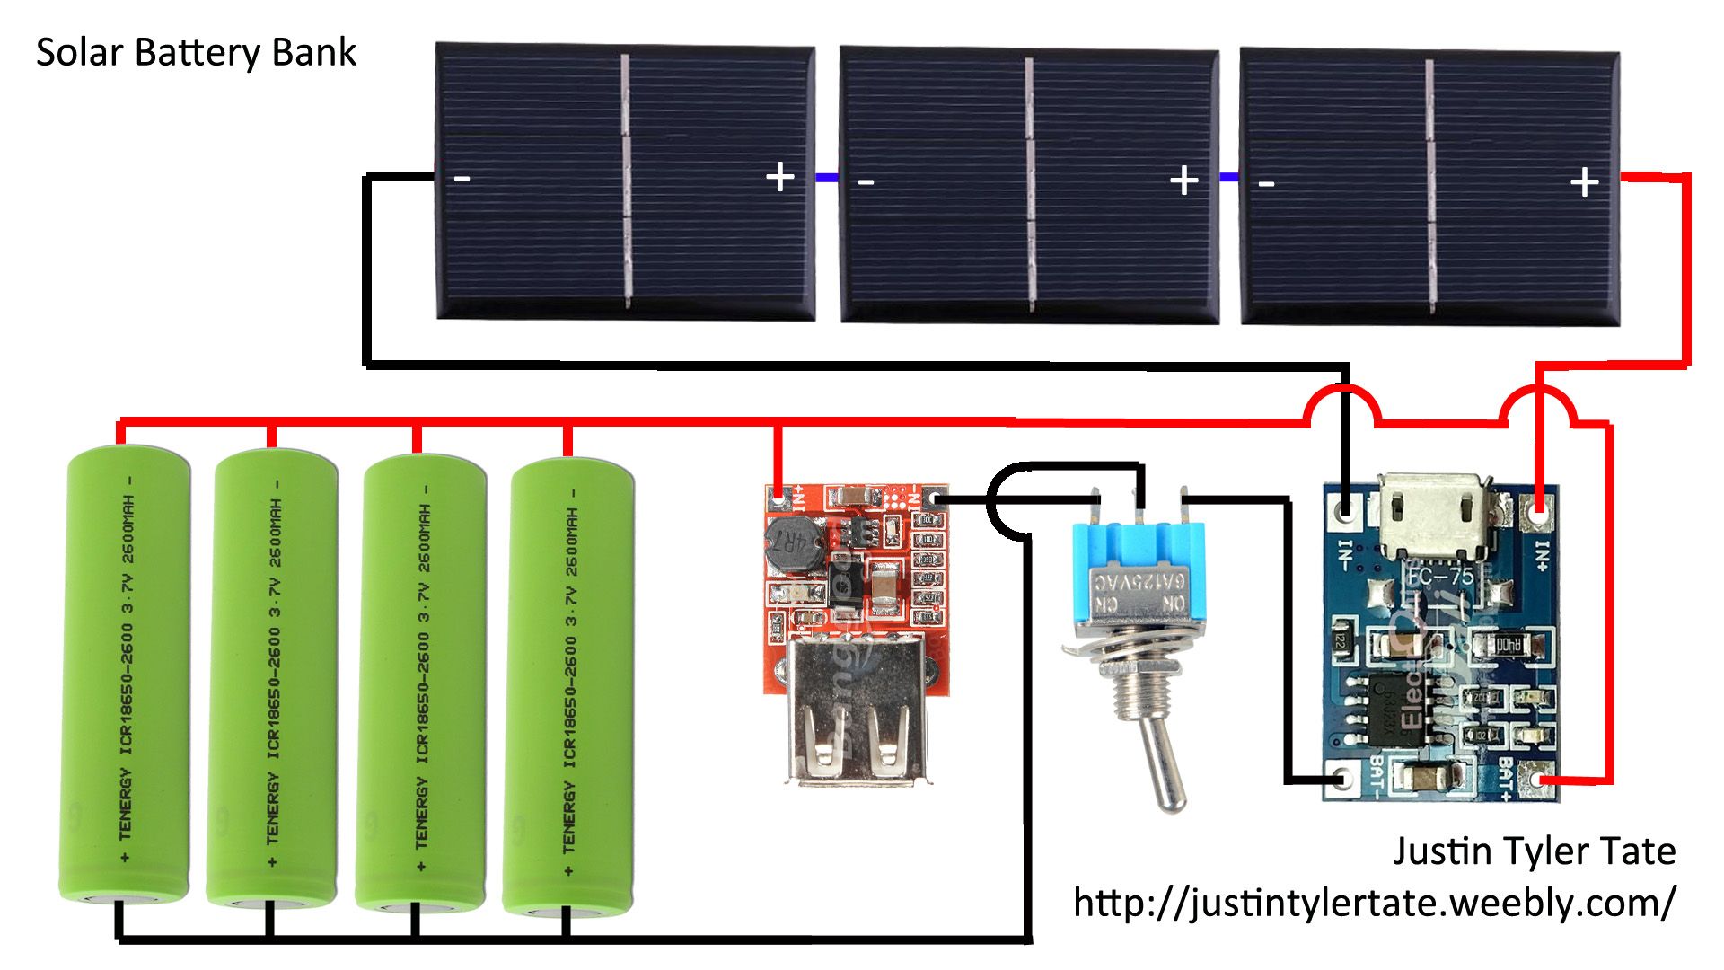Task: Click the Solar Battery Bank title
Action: point(196,53)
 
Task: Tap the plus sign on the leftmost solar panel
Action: point(780,177)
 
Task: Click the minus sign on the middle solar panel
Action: point(866,182)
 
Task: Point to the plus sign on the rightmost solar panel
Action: point(1585,182)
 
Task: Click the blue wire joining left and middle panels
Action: point(827,178)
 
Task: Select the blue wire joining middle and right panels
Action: point(1229,178)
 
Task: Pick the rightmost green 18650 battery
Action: point(568,683)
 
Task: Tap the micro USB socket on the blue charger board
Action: point(1434,516)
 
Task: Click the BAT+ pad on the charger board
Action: point(1542,779)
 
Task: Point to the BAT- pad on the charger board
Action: point(1344,778)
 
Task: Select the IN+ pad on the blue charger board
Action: point(1539,517)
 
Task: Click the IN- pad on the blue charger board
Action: point(1344,512)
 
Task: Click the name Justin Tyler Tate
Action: point(1534,851)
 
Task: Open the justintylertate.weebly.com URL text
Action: point(1374,902)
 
